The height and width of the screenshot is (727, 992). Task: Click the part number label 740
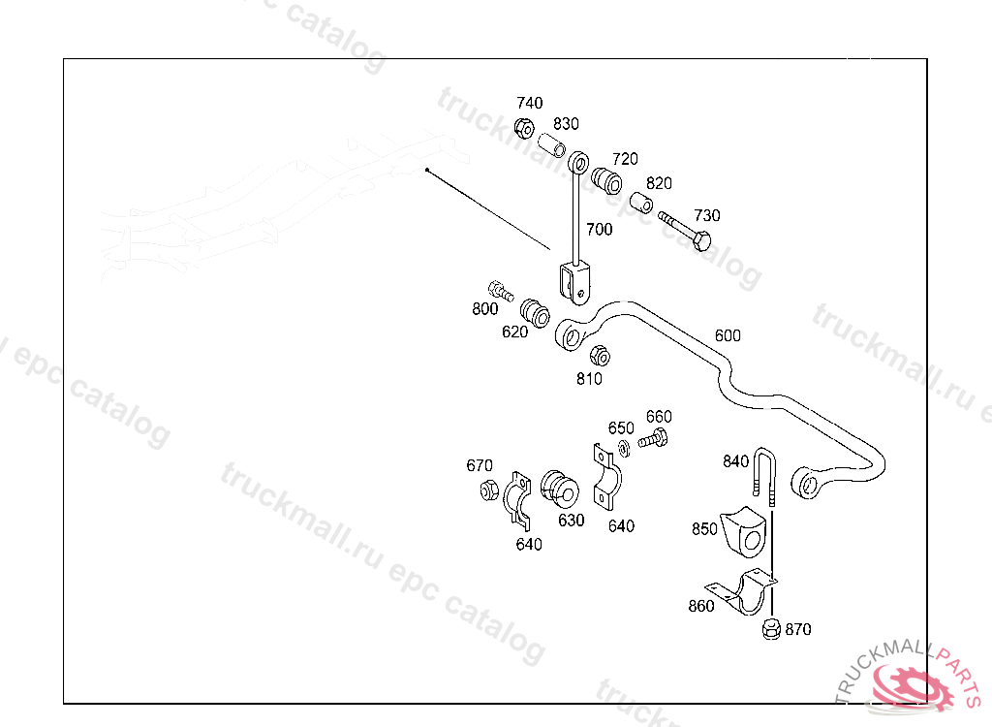530,103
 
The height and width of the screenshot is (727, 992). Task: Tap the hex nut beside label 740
523,127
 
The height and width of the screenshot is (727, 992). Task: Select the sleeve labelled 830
553,148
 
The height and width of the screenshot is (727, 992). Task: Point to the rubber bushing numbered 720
607,179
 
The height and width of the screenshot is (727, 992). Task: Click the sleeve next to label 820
641,204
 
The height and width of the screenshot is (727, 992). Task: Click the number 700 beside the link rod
600,230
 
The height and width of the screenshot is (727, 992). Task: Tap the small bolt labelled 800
501,289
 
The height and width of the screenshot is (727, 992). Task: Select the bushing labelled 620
536,312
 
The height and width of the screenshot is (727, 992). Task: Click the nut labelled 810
600,355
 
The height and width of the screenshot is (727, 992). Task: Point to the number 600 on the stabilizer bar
728,335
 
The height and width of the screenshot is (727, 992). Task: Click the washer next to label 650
623,447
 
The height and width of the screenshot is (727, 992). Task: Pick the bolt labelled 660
654,439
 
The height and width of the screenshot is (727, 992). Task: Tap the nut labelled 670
490,490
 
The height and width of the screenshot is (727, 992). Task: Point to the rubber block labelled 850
744,531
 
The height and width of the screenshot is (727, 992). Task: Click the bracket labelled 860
744,594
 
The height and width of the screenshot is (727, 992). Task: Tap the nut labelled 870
771,629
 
